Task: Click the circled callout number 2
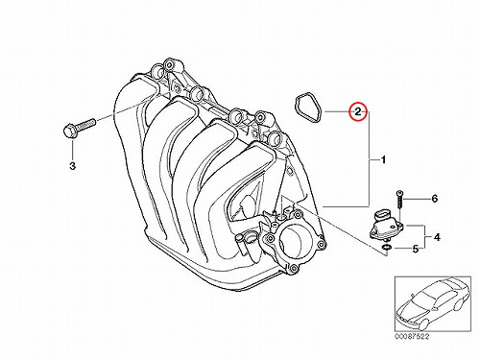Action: pyautogui.click(x=358, y=111)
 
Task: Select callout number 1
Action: pyautogui.click(x=383, y=159)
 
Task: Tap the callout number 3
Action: pyautogui.click(x=73, y=166)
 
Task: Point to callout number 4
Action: pyautogui.click(x=437, y=237)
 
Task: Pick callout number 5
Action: pyautogui.click(x=416, y=249)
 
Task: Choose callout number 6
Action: pyautogui.click(x=435, y=199)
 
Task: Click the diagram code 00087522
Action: pyautogui.click(x=411, y=337)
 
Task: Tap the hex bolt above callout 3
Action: pyautogui.click(x=79, y=128)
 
